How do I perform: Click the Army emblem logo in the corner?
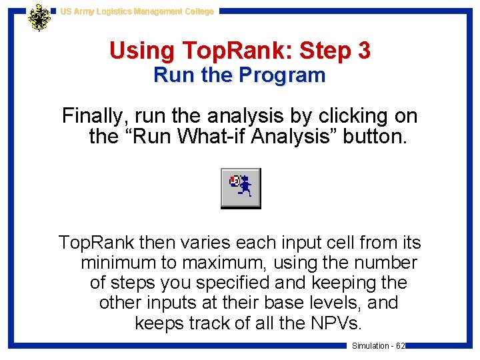coord(39,17)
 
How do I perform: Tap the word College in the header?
coord(197,11)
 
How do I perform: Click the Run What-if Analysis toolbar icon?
coord(241,188)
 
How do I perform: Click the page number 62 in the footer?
coord(400,346)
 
